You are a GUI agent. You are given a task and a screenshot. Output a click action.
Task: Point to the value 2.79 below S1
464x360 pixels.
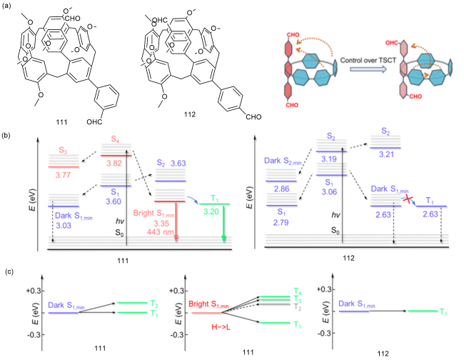(x=283, y=222)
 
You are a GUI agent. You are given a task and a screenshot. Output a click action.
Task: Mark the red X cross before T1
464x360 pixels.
(x=411, y=203)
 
